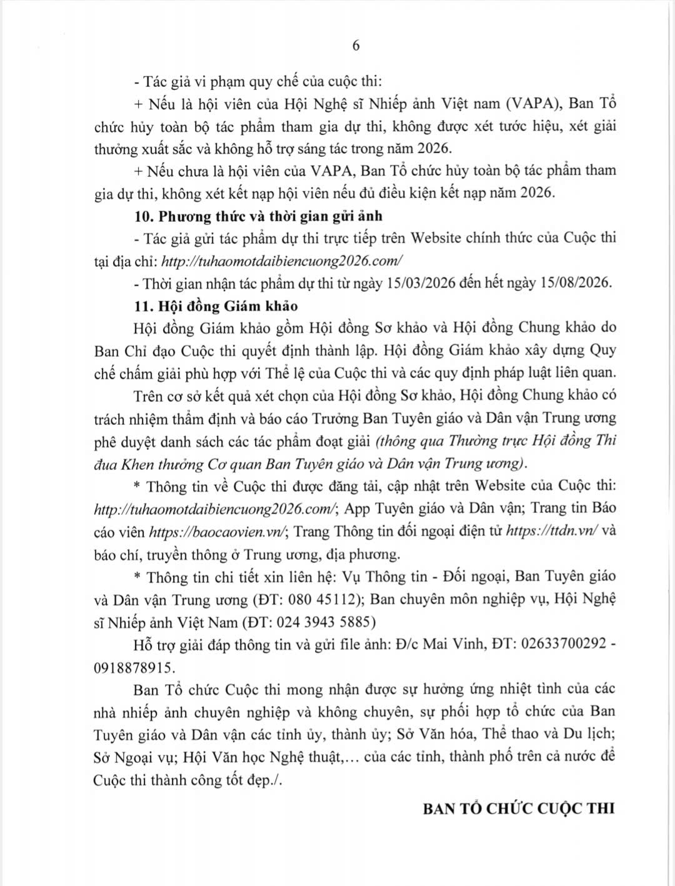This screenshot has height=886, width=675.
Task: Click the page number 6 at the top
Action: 356,46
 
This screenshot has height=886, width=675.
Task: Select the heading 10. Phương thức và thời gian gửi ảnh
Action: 258,216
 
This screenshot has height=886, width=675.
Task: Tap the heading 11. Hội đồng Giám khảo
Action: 216,306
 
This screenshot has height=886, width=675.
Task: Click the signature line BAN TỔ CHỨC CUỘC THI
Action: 519,808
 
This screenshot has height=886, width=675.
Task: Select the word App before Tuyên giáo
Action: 357,509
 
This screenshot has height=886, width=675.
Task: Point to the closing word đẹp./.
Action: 265,780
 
